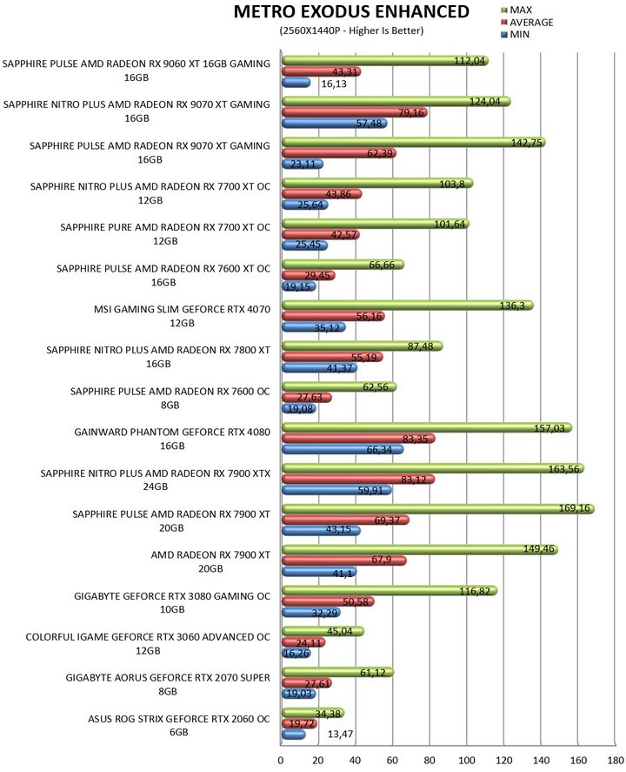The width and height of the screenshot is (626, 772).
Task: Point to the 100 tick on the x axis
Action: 467,760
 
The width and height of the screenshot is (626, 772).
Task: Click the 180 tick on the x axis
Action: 616,760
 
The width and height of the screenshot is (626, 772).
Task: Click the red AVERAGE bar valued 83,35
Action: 357,439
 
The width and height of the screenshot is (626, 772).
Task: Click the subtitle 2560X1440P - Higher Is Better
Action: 351,30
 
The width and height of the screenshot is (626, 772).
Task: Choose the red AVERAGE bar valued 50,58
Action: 327,601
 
